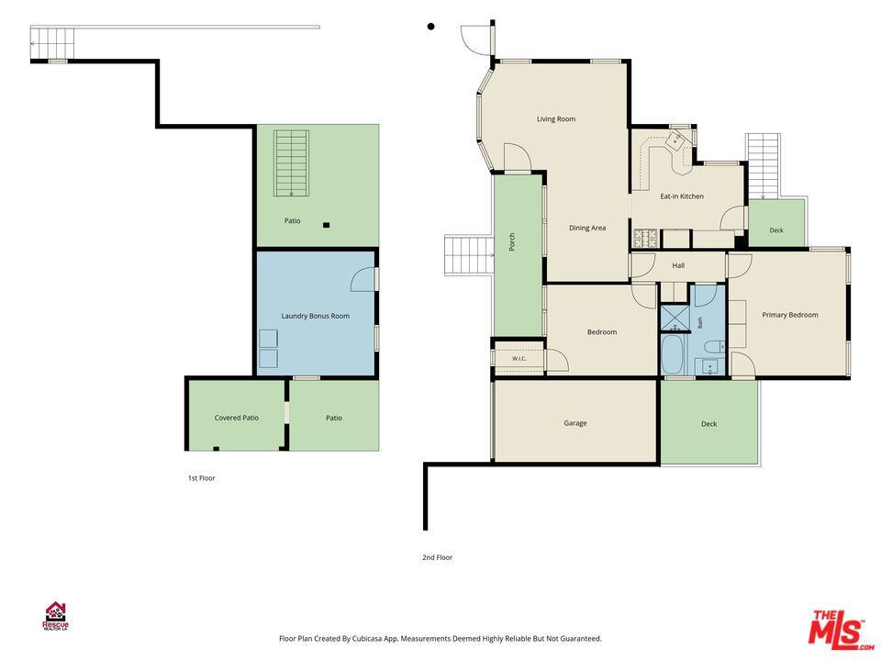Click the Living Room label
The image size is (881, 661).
click(x=556, y=119)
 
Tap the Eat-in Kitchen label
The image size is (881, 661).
click(x=682, y=196)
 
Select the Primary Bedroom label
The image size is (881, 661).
click(x=789, y=315)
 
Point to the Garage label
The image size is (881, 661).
click(x=575, y=423)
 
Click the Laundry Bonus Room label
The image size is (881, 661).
click(x=315, y=316)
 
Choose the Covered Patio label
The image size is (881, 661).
click(x=237, y=418)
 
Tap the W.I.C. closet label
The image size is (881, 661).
click(x=519, y=359)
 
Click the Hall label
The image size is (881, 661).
click(x=678, y=265)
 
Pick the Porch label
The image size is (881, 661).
click(x=512, y=241)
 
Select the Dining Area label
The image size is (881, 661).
click(x=587, y=228)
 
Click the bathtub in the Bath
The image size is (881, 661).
click(x=672, y=354)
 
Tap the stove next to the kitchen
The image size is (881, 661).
click(x=646, y=239)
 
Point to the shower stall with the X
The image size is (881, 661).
click(x=675, y=319)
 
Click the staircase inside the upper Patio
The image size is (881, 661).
click(x=291, y=163)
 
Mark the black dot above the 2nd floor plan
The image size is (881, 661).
click(x=431, y=27)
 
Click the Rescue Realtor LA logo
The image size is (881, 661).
click(x=56, y=617)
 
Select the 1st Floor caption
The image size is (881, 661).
click(x=201, y=478)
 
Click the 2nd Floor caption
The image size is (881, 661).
click(x=437, y=557)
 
